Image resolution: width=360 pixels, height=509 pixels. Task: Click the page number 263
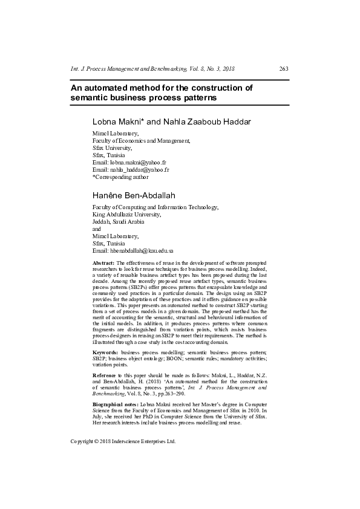click(284, 69)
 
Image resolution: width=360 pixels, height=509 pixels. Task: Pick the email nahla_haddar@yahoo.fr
click(140, 170)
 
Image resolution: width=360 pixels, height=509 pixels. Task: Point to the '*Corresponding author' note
click(120, 177)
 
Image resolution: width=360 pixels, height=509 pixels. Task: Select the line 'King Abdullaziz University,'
click(126, 214)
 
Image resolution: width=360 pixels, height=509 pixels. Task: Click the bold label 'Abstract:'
click(103, 264)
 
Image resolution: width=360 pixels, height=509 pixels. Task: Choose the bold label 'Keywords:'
click(105, 352)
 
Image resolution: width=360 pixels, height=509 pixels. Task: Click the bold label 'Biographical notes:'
click(115, 403)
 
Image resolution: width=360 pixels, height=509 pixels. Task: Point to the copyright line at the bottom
click(123, 441)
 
